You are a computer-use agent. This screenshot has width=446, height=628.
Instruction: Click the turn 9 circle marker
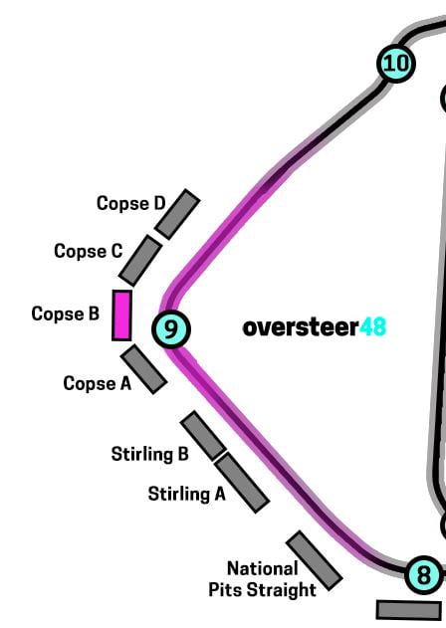[x=170, y=328]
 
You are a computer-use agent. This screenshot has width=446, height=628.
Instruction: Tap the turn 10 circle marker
[x=396, y=64]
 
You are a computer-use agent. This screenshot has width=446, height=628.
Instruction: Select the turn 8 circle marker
[x=424, y=575]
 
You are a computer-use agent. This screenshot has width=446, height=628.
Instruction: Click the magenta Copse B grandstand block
[x=121, y=315]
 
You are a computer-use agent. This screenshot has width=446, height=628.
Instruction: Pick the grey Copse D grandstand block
[x=177, y=214]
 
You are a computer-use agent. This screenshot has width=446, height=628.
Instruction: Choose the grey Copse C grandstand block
[x=140, y=261]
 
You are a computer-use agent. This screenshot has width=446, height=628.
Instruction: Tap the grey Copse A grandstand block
[x=144, y=369]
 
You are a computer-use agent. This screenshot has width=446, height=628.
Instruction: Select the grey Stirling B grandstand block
[x=203, y=435]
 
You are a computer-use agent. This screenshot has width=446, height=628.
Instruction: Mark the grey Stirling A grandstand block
[x=242, y=484]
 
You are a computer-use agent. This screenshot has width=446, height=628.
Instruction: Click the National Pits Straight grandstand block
[x=315, y=560]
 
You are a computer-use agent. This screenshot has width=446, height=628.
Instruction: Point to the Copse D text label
[x=131, y=203]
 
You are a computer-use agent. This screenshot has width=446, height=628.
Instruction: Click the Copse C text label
[x=89, y=251]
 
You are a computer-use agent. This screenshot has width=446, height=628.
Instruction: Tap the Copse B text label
[x=66, y=314]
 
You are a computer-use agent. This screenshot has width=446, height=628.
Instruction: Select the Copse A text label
[x=98, y=383]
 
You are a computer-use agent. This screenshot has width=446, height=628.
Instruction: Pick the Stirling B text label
[x=150, y=454]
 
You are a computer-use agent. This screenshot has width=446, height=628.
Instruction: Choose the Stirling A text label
[x=187, y=494]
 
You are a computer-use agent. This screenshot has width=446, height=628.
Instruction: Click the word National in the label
[x=263, y=568]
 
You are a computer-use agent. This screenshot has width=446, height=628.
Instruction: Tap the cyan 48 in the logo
[x=372, y=326]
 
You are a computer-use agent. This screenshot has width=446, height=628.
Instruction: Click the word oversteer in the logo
[x=301, y=326]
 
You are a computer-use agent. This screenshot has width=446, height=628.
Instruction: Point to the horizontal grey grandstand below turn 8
[x=409, y=609]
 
